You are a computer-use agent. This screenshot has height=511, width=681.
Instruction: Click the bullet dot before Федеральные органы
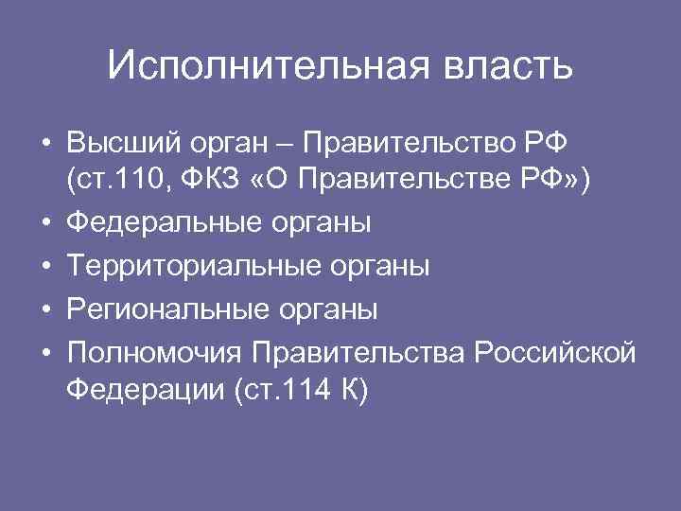(x=45, y=224)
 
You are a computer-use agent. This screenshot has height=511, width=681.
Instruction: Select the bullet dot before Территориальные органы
(x=45, y=267)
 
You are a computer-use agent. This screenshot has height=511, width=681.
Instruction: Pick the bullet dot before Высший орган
(x=45, y=148)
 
